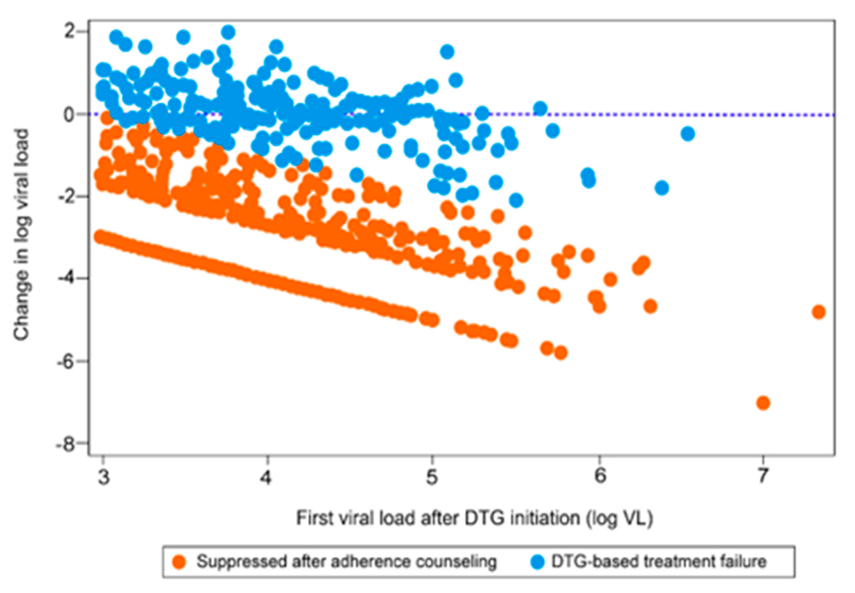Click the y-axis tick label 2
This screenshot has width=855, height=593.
69,32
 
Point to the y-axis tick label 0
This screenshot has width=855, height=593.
69,114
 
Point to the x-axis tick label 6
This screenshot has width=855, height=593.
600,476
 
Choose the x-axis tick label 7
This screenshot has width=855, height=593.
763,476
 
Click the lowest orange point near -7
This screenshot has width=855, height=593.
763,403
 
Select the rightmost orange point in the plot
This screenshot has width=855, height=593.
818,312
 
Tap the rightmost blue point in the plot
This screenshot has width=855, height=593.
688,134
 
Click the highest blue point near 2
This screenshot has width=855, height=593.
228,32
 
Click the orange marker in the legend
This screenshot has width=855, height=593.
179,562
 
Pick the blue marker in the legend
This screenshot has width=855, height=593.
537,562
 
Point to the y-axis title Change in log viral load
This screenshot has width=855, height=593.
22,235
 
